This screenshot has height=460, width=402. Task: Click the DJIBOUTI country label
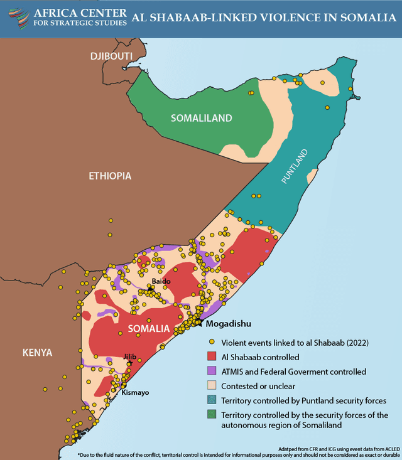pos(111,56)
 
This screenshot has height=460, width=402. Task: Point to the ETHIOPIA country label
pos(109,176)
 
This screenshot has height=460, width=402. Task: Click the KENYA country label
pos(37,351)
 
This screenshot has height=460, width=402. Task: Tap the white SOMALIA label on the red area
pos(148,329)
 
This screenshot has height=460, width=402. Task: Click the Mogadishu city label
pos(228,324)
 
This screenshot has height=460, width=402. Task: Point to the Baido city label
pos(161,281)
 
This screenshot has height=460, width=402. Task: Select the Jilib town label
pos(130,356)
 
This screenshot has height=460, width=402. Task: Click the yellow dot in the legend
pos(212,343)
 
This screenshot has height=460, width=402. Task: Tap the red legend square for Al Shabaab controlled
pos(212,357)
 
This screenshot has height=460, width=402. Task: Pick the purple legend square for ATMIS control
pos(212,372)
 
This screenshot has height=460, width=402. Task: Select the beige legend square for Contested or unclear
pos(212,386)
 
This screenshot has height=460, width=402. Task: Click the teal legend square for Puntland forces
pos(212,400)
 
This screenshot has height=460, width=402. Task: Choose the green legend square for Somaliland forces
pos(212,415)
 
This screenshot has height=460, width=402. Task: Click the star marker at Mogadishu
pos(198,323)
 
